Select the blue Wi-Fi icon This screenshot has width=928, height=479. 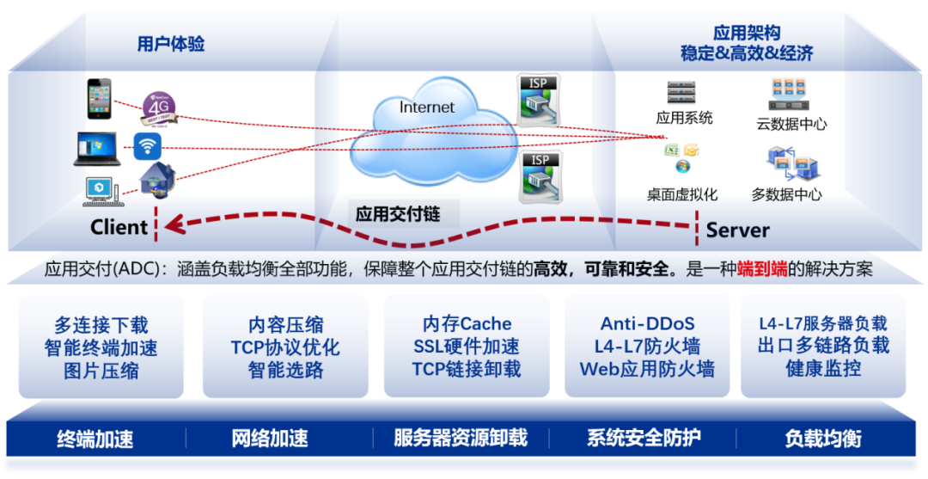pyautogui.click(x=148, y=146)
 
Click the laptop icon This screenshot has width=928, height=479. pyautogui.click(x=97, y=148)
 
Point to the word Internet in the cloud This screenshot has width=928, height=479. pyautogui.click(x=427, y=107)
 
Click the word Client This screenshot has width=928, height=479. pyautogui.click(x=119, y=227)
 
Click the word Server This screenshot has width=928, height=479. pyautogui.click(x=737, y=230)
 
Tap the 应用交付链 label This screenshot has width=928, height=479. pyautogui.click(x=396, y=213)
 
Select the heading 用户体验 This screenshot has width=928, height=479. pyautogui.click(x=171, y=44)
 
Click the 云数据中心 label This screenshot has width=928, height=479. pyautogui.click(x=791, y=124)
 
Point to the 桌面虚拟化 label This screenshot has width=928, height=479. pyautogui.click(x=682, y=194)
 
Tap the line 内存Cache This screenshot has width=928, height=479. pyautogui.click(x=467, y=324)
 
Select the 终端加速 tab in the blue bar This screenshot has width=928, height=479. pyautogui.click(x=95, y=439)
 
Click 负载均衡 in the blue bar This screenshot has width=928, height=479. pyautogui.click(x=822, y=439)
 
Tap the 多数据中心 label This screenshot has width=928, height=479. pyautogui.click(x=786, y=194)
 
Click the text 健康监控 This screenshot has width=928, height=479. pyautogui.click(x=822, y=369)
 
